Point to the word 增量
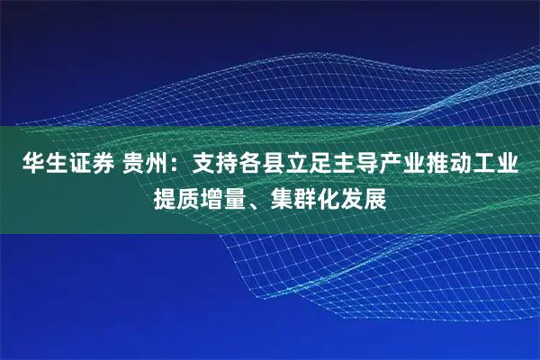coord(229,197)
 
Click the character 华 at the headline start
coord(24,166)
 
